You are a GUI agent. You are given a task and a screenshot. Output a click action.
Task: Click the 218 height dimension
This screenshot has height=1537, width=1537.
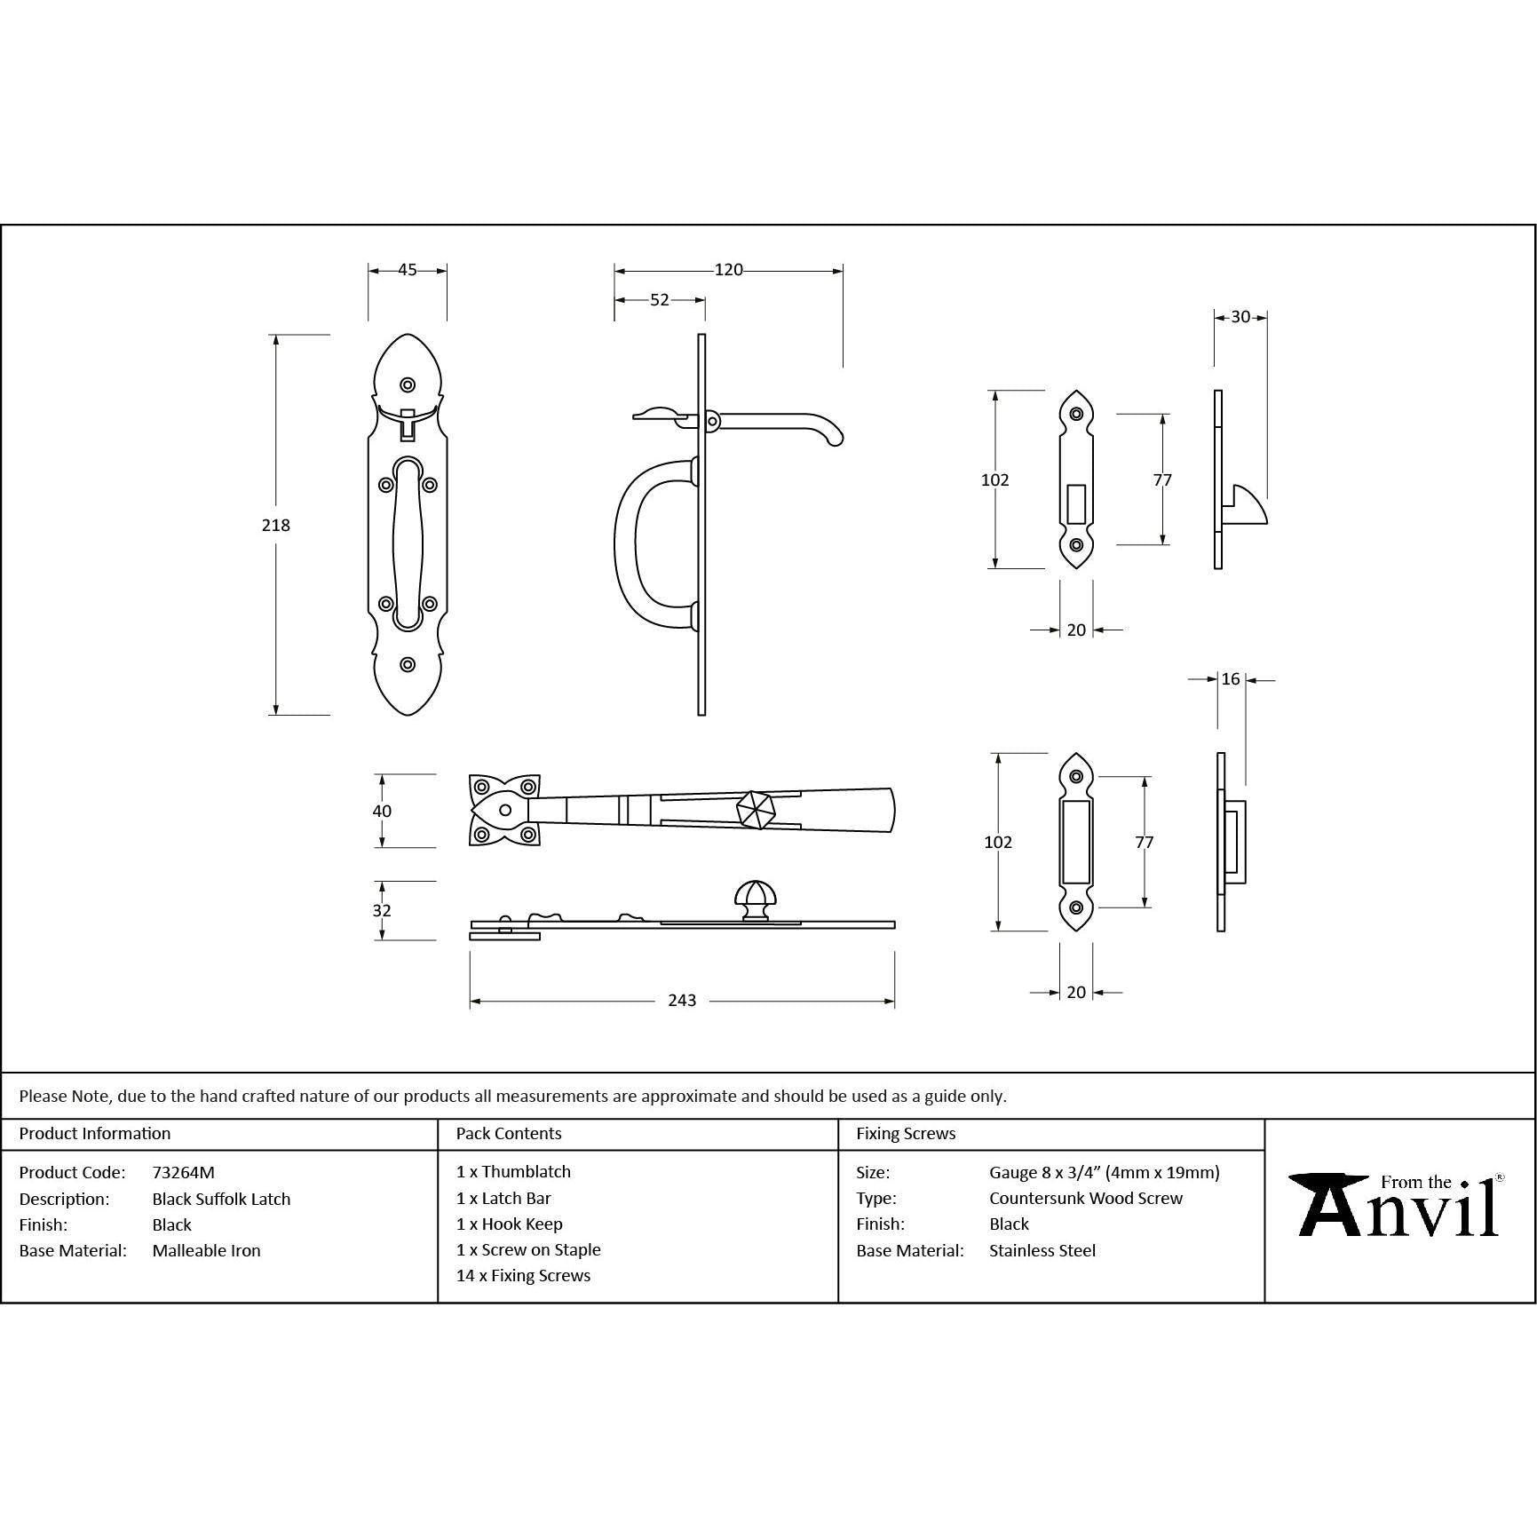275,525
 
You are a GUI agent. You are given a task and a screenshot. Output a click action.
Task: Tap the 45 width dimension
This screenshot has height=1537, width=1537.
407,270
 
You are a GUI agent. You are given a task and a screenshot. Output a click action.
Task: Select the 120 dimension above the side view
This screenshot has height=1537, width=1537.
728,270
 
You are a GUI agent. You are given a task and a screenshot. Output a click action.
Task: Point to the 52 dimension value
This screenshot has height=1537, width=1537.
659,300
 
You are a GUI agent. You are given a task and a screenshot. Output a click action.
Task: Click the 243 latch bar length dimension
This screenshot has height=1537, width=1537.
681,1001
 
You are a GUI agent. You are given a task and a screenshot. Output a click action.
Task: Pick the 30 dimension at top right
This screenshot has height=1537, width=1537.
1240,317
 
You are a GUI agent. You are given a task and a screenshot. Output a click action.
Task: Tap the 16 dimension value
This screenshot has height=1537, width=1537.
1230,679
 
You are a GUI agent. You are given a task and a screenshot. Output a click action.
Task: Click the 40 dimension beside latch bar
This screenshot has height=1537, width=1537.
382,811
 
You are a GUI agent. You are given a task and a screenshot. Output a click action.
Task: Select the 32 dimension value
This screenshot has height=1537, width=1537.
382,910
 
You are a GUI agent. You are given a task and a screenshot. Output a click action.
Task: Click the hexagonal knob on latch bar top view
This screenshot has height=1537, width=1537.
756,809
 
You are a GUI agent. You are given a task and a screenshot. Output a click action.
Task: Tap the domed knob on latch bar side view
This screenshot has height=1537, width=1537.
756,899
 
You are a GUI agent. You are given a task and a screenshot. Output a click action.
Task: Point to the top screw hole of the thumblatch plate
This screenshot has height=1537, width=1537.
408,384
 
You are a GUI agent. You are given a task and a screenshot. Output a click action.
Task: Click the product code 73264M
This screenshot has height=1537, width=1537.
183,1172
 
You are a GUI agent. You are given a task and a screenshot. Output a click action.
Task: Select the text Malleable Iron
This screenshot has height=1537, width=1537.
206,1250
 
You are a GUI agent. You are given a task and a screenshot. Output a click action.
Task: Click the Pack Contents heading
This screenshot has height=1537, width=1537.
509,1133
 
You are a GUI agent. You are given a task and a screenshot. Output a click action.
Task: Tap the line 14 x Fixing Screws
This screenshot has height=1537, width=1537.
523,1275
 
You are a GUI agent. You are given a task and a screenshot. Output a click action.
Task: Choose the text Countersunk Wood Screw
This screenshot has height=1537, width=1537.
1086,1198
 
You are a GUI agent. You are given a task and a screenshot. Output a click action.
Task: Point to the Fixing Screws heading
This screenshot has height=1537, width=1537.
906,1133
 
